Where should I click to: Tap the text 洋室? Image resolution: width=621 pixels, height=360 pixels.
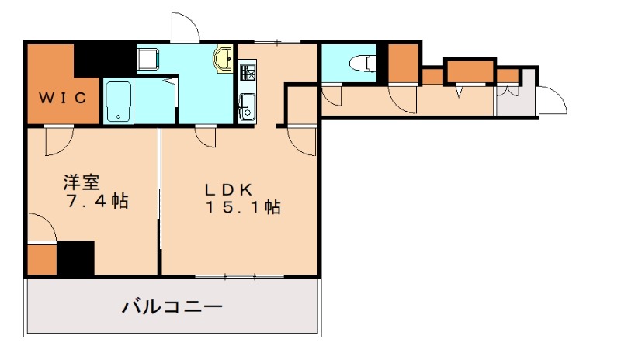coord(82,183)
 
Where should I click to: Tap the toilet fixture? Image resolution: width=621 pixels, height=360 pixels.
coord(359,62)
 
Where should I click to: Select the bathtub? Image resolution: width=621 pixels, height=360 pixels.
coord(117,101)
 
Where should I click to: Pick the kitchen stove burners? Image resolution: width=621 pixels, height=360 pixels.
coord(248,74)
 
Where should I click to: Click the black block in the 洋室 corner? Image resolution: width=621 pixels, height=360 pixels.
coord(75,258)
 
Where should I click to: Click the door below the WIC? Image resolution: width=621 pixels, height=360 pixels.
coord(58,138)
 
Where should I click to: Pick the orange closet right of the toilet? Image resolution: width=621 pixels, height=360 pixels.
coord(401,64)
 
